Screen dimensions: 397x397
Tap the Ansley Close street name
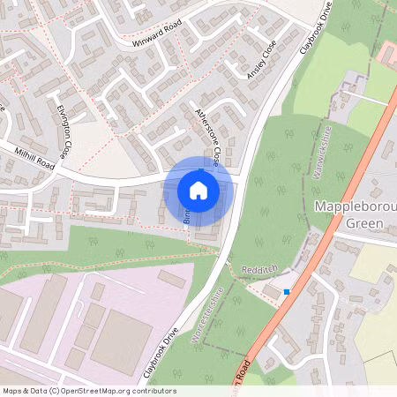tap(262, 59)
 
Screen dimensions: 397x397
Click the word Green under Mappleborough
tap(363, 223)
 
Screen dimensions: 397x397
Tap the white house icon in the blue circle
tap(198, 190)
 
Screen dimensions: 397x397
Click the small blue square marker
tap(286, 291)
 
